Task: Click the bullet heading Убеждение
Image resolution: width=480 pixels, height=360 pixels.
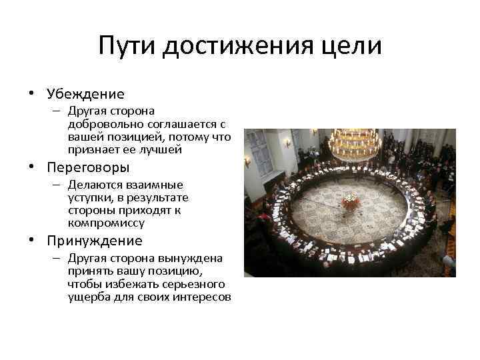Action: (x=86, y=95)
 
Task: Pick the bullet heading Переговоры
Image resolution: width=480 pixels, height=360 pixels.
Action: (x=88, y=167)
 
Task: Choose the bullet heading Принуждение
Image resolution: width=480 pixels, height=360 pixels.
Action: (x=95, y=241)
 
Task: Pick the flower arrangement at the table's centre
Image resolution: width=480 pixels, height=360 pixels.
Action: (x=349, y=200)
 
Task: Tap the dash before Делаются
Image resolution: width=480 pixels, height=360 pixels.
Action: (x=57, y=185)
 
